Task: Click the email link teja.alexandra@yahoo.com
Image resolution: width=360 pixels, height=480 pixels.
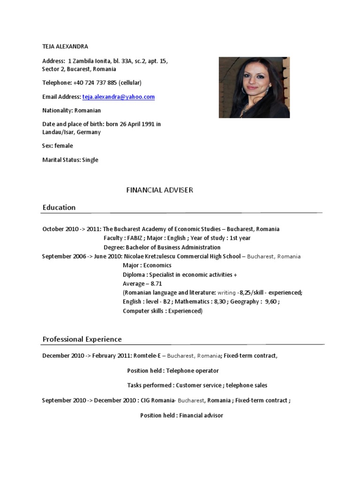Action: [x=118, y=97]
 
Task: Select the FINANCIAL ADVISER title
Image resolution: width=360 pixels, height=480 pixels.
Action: [x=160, y=190]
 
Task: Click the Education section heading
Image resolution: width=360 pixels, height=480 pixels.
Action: [x=59, y=207]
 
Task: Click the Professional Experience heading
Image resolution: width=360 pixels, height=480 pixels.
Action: [x=82, y=339]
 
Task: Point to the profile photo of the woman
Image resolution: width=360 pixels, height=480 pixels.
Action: [x=254, y=87]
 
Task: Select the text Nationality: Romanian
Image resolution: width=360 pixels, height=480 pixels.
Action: [x=71, y=110]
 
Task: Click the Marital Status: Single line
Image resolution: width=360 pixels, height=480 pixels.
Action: [x=70, y=159]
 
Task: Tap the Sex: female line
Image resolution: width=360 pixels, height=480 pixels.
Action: [x=58, y=145]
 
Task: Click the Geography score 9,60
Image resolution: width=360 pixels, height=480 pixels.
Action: [x=271, y=301]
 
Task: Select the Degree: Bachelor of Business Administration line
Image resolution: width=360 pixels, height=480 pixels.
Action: [x=162, y=247]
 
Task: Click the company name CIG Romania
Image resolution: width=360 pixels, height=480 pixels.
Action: [x=157, y=400]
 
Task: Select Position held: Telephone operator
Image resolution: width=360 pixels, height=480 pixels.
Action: [x=173, y=370]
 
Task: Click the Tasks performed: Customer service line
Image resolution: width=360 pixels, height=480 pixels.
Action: [x=197, y=385]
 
